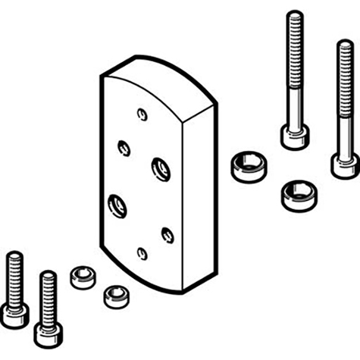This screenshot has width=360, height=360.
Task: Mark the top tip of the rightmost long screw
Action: [x=344, y=44]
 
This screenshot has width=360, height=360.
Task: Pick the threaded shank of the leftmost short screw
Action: [x=12, y=272]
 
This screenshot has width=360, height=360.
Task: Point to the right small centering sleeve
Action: [x=114, y=293]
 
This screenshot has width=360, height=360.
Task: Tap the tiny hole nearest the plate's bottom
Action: [x=142, y=252]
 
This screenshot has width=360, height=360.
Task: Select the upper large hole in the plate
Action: [x=160, y=167]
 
